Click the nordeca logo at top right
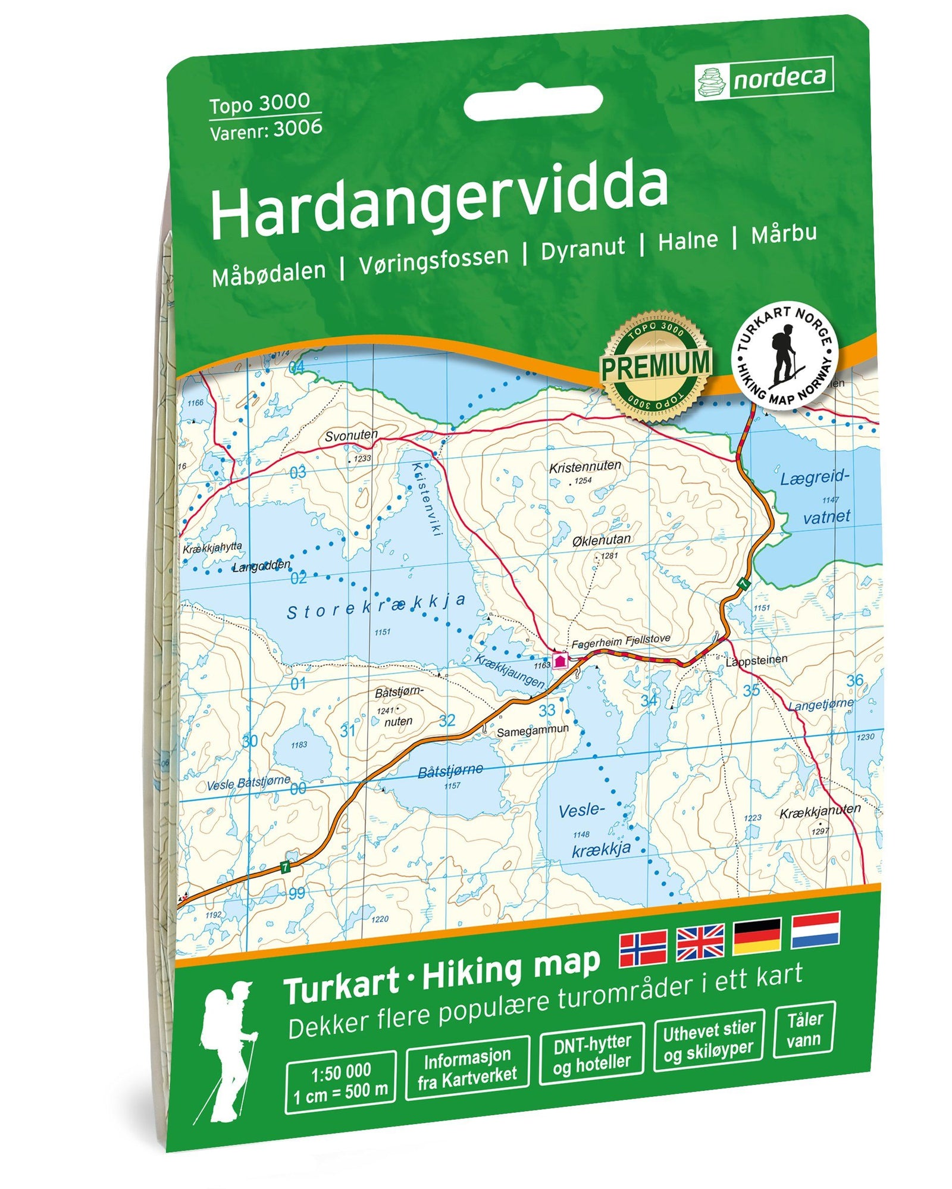(x=764, y=79)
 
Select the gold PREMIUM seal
(x=654, y=367)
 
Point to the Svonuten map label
(x=350, y=435)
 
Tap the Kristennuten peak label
(x=584, y=467)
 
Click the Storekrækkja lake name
(x=376, y=606)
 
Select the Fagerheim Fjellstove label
(x=620, y=641)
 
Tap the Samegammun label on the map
(x=533, y=730)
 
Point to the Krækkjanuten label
(x=819, y=811)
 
